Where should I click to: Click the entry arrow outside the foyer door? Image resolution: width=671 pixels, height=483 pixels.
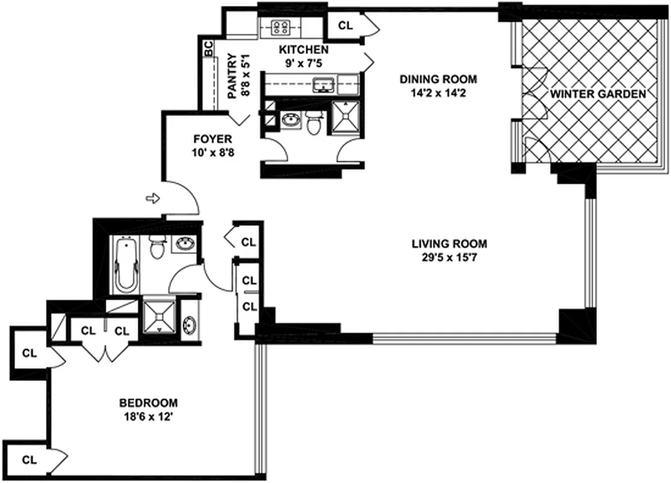click(x=152, y=197)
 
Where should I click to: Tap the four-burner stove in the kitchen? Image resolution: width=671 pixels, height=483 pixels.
click(x=280, y=27)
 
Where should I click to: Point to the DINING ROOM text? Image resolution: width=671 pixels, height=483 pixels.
click(x=438, y=79)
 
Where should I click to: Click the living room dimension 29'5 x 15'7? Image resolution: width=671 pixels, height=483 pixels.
click(x=449, y=258)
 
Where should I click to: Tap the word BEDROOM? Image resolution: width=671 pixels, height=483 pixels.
click(x=148, y=403)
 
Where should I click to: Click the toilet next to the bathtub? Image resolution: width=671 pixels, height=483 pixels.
click(x=158, y=248)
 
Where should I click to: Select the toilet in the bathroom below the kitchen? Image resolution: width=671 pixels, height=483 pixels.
click(x=313, y=123)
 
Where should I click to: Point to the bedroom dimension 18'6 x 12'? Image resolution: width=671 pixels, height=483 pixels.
click(x=148, y=417)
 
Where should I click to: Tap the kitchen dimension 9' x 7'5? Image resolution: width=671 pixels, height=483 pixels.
click(x=303, y=63)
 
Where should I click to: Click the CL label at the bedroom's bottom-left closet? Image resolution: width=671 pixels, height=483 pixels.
click(x=29, y=459)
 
